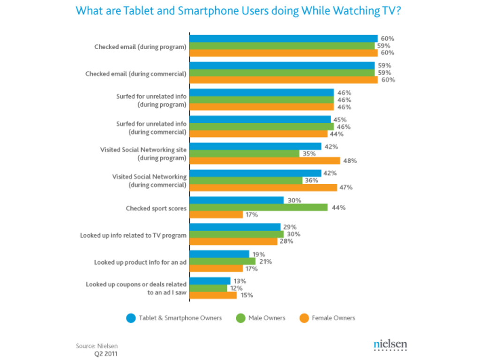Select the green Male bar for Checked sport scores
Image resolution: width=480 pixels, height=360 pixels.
tap(258, 207)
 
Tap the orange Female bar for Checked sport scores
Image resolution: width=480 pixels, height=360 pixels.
tap(216, 215)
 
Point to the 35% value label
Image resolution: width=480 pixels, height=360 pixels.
tap(309, 153)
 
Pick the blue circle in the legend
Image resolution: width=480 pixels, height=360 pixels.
tap(131, 318)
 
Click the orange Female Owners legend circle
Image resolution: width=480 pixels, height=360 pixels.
tap(304, 318)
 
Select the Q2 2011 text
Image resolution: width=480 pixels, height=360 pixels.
tap(106, 354)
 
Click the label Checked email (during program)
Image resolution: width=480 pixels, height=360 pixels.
tap(140, 47)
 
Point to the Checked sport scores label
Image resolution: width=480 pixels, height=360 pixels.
tap(156, 209)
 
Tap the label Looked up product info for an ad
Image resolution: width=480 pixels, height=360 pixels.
tap(140, 262)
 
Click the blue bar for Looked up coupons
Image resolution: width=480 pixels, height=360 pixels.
tap(210, 281)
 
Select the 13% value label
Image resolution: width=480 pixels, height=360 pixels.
tap(240, 281)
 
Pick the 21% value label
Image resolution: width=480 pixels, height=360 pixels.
tap(265, 261)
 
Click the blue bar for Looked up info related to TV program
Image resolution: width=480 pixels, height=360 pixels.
tap(235, 227)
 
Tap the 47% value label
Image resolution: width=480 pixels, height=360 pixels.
tap(346, 187)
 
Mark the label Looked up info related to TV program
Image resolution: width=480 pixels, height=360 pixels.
tap(133, 235)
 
